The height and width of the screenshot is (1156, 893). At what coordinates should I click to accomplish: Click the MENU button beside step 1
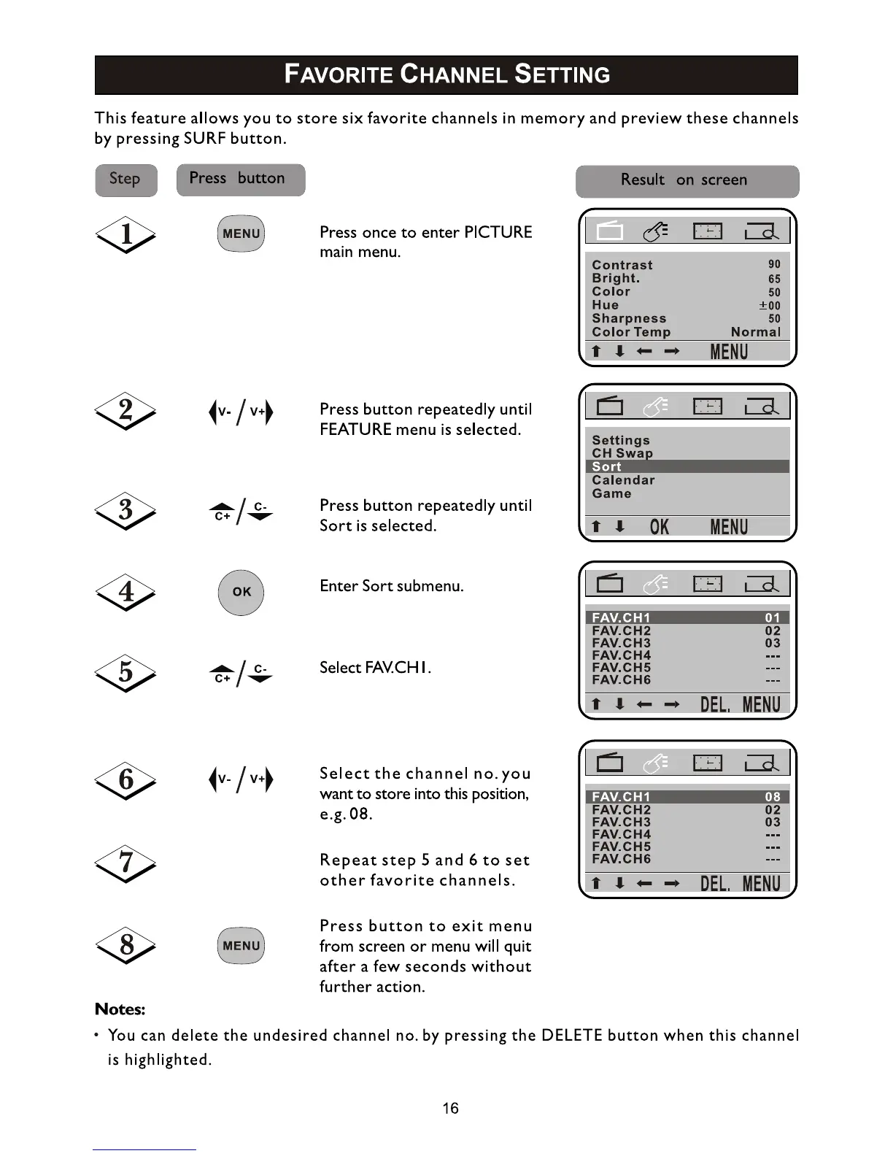coord(241,234)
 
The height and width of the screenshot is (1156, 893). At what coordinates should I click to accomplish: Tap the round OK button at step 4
coord(241,592)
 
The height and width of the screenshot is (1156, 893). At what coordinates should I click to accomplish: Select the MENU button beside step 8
coord(241,946)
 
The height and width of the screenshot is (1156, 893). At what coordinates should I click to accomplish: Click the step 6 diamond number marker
coord(125,779)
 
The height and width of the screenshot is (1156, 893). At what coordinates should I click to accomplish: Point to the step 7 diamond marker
coord(125,863)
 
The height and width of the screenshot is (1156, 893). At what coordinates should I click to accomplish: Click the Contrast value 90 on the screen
coord(774,264)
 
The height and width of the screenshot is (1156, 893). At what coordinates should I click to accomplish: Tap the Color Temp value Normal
coord(755,332)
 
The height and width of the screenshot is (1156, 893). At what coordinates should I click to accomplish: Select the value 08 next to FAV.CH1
coord(773,797)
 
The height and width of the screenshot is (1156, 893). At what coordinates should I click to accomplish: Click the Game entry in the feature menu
coord(611,493)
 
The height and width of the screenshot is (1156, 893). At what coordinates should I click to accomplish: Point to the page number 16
coord(450,1109)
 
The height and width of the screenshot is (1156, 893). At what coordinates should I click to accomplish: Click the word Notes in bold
coord(120,1009)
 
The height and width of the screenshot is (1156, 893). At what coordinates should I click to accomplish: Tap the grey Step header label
coord(125,180)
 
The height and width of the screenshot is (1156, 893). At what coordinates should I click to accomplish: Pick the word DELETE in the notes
coord(572,1036)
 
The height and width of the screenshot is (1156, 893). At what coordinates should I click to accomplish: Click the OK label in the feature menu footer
coord(659,527)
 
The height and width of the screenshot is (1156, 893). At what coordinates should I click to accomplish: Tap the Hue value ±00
coord(770,306)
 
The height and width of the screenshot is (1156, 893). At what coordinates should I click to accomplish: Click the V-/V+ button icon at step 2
coord(241,412)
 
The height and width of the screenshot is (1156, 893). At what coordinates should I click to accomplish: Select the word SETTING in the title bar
coord(562,74)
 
